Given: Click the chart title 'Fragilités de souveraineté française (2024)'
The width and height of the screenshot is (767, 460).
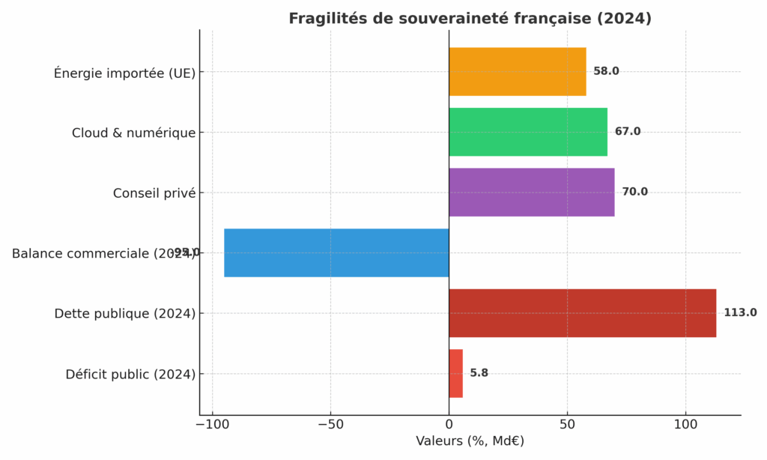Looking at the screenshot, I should tap(470, 19).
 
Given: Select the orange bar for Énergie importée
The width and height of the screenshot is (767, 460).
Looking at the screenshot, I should tap(517, 72).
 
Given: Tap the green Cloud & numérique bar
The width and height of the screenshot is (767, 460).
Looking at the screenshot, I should tap(527, 132).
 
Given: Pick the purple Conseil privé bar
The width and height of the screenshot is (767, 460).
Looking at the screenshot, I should tap(531, 193).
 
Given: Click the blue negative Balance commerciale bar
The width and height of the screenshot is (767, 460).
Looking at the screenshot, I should tap(336, 252).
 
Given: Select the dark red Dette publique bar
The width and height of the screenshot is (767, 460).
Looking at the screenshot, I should tap(582, 313).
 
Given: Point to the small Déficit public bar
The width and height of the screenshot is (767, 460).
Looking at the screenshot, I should tap(455, 373).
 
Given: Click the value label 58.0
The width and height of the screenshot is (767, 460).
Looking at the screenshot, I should tap(606, 72).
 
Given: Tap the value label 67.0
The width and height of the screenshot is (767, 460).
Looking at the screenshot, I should tap(628, 132).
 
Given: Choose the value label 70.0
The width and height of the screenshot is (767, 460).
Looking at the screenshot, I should tap(634, 193).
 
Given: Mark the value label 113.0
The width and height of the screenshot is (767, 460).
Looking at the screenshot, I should tap(740, 313).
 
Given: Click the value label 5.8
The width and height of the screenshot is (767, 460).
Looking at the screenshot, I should tap(479, 373).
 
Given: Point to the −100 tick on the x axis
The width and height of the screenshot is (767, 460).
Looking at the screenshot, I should tap(212, 425).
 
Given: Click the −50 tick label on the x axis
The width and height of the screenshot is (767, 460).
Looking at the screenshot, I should tap(330, 425).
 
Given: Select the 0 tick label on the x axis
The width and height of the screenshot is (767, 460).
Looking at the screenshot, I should tap(449, 425).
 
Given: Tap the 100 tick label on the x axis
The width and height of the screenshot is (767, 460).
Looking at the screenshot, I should tap(685, 425).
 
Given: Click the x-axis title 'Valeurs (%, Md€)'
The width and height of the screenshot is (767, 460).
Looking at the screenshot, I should tap(470, 441).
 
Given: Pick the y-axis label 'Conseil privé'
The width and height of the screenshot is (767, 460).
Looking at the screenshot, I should tap(154, 193).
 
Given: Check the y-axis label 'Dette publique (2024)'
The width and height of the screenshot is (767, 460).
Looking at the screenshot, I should tap(124, 314).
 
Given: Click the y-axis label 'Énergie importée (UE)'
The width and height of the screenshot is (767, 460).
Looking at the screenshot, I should tap(124, 73).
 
